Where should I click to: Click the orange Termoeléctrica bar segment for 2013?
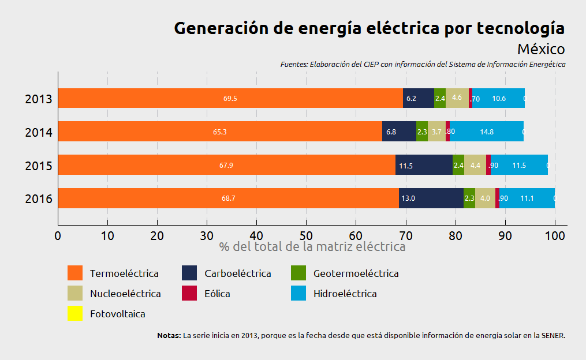(230, 98)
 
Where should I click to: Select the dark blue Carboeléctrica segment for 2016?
(431, 198)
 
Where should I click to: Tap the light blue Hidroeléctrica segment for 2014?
(487, 132)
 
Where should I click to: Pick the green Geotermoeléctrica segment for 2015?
(458, 165)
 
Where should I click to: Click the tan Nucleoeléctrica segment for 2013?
(457, 98)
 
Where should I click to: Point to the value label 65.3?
(219, 132)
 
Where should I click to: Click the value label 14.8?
(487, 132)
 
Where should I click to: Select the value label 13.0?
(408, 198)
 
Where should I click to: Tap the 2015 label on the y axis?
(39, 166)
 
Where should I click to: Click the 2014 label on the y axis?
(39, 133)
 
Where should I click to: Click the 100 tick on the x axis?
(555, 235)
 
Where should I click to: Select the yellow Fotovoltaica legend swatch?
(76, 314)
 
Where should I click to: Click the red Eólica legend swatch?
(190, 293)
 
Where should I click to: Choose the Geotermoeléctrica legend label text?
(356, 273)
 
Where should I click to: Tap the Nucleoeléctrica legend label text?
(125, 294)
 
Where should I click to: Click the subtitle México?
(540, 49)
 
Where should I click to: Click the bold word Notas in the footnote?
(169, 335)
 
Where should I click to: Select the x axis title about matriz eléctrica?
(312, 247)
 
